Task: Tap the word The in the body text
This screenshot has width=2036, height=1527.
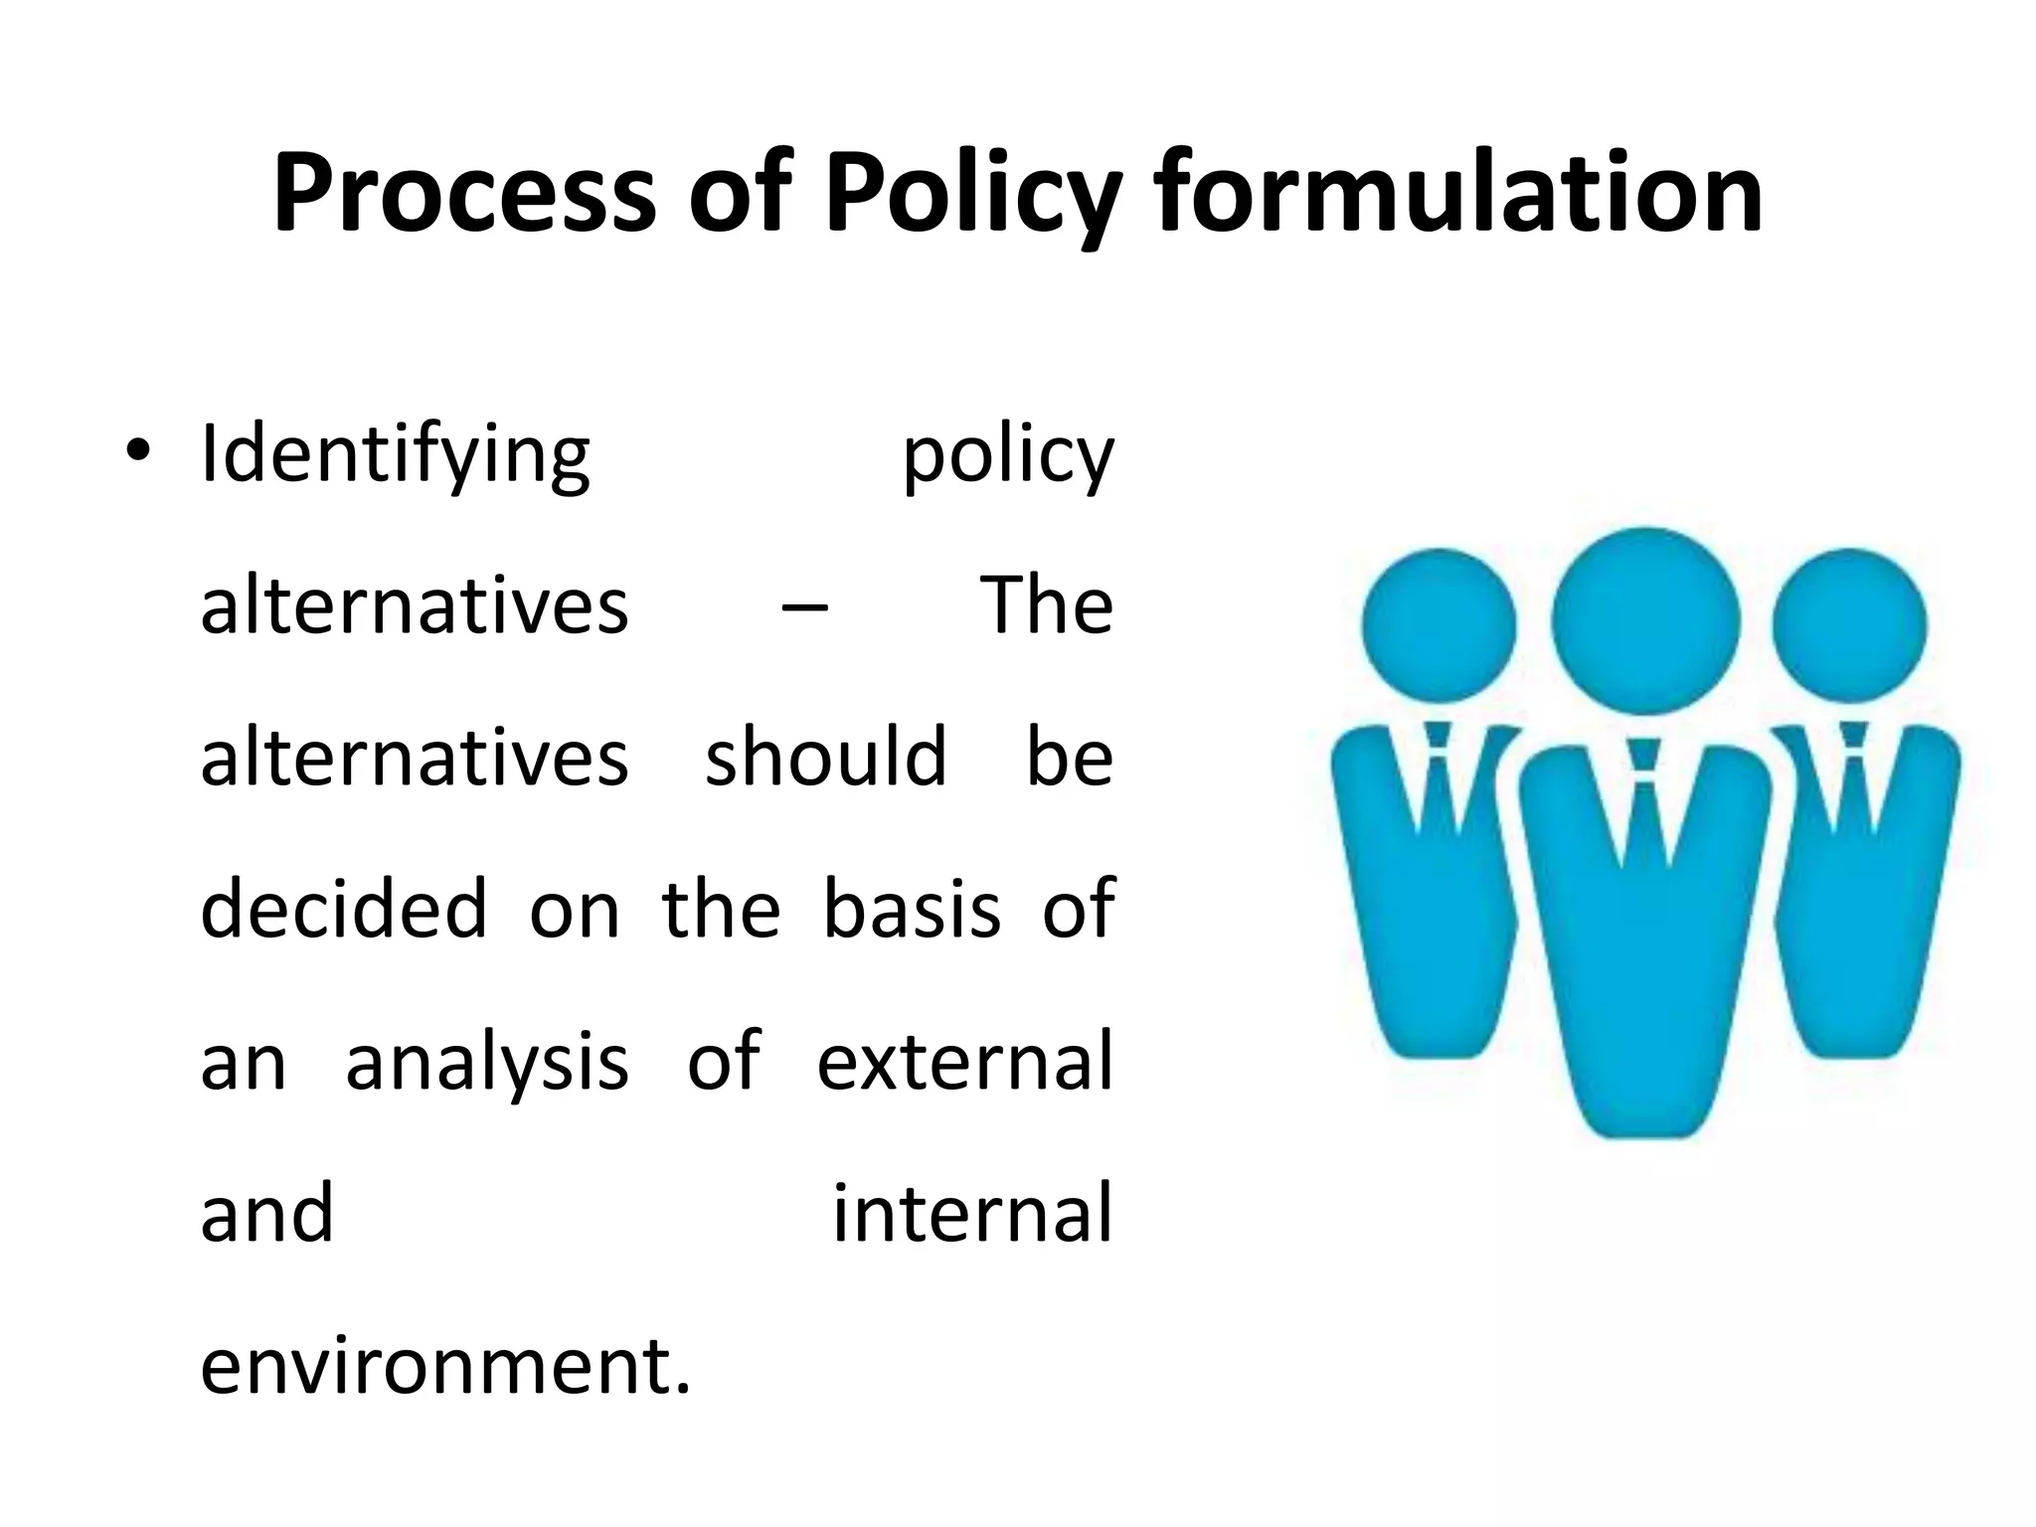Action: tap(1047, 604)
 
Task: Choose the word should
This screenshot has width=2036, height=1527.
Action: tap(826, 757)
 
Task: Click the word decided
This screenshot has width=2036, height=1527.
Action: tap(344, 909)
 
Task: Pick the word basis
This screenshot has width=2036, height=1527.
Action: tap(912, 909)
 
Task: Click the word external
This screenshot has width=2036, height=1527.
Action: tap(964, 1061)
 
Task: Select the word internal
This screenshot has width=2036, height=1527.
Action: tap(972, 1214)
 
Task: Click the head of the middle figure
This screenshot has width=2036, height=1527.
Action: tap(1645, 620)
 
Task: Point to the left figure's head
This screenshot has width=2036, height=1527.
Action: tap(1439, 626)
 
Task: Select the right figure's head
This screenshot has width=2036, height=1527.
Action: tap(1849, 626)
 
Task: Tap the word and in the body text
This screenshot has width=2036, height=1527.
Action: tap(266, 1214)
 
